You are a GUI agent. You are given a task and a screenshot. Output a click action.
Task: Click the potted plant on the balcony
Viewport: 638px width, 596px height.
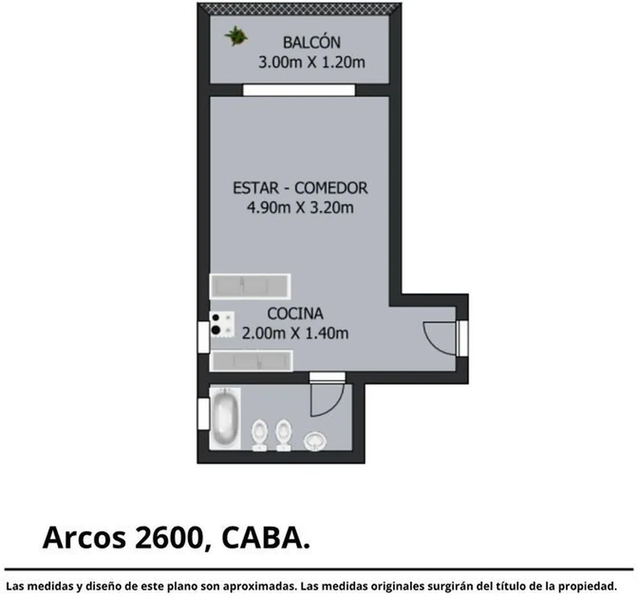point(236,36)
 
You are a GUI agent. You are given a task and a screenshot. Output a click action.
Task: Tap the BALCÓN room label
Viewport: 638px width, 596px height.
point(312,42)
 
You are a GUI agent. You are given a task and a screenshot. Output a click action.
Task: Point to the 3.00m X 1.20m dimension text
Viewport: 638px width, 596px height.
point(312,62)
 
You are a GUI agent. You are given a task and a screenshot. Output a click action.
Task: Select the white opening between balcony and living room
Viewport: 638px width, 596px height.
point(299,90)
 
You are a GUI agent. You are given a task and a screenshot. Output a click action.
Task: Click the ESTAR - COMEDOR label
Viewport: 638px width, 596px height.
point(300,188)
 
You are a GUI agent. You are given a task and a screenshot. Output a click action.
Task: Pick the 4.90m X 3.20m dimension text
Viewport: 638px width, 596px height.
point(300,208)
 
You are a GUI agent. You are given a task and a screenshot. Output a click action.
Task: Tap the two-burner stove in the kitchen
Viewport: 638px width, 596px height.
point(222,324)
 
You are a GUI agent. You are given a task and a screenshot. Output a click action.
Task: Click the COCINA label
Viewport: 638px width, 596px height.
point(295,313)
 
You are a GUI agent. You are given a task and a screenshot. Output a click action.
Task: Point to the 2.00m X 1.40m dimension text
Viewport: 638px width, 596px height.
point(295,333)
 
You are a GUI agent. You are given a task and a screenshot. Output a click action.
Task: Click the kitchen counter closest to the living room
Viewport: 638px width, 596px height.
point(250,286)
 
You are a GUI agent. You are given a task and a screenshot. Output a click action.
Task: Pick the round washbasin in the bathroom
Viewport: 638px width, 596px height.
point(315,442)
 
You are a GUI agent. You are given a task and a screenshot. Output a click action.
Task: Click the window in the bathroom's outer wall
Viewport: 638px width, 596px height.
point(203,414)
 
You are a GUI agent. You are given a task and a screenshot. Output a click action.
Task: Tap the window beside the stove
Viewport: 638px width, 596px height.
point(203,337)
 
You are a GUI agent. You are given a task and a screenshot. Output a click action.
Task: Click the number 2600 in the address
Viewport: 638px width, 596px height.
point(169,547)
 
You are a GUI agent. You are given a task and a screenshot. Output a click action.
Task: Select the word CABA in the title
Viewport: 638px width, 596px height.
point(262,547)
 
